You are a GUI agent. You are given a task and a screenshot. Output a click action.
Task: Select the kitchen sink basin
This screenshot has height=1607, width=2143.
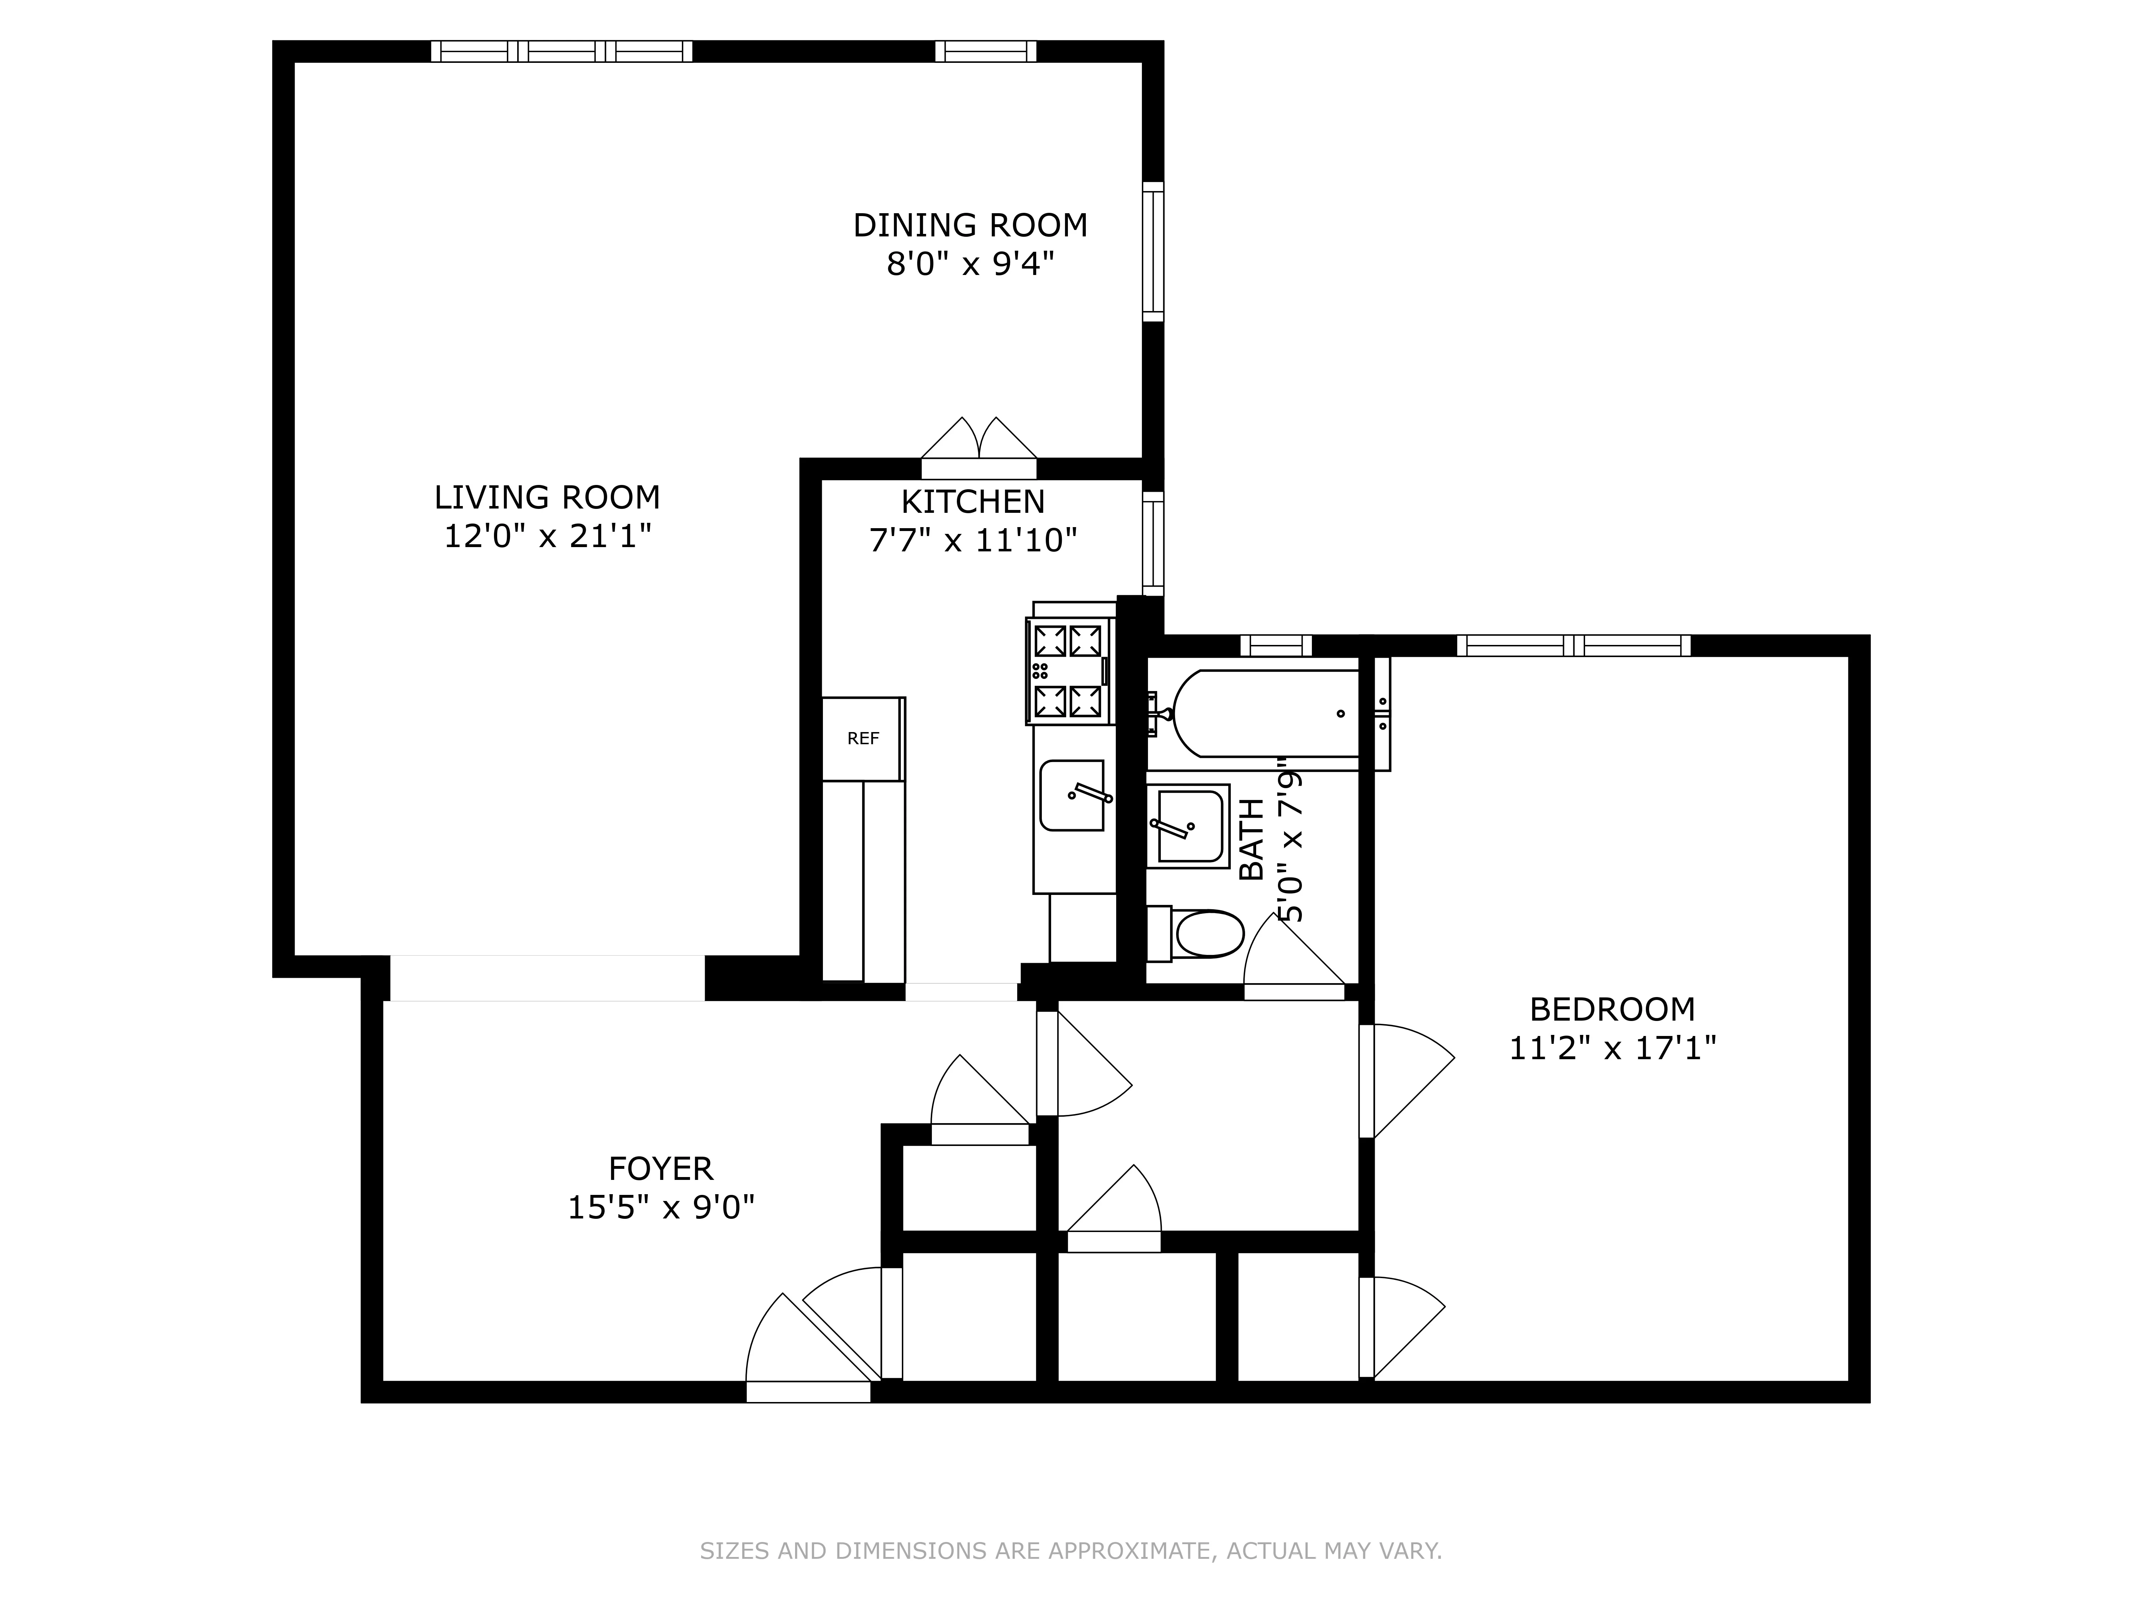[x=1071, y=795]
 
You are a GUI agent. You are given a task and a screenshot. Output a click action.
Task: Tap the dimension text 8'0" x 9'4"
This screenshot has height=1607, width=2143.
[x=970, y=264]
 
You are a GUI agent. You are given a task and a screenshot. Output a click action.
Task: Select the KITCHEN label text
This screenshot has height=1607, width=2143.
[x=973, y=502]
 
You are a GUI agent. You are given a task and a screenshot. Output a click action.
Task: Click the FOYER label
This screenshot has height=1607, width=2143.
[x=661, y=1169]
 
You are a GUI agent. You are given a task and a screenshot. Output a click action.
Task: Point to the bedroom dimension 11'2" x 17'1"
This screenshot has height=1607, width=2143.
[x=1612, y=1048]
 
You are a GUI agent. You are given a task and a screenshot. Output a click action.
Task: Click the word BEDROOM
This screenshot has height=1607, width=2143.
[x=1612, y=1009]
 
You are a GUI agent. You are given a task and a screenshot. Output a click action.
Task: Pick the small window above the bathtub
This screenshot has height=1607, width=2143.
[x=1276, y=645]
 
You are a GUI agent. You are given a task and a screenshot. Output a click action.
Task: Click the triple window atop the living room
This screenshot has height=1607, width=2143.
[x=562, y=51]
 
